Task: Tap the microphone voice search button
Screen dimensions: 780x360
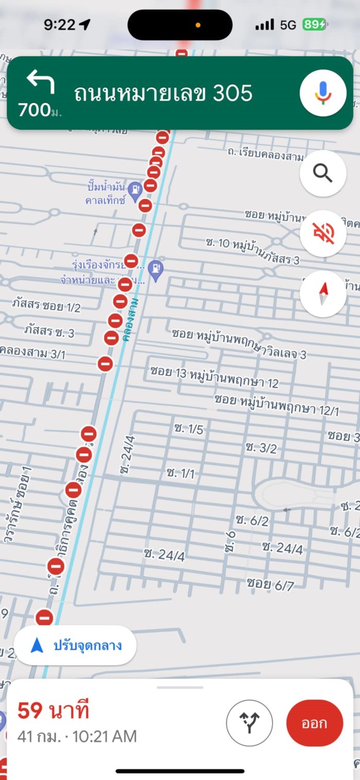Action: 323,93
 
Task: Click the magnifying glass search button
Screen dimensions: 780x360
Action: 323,174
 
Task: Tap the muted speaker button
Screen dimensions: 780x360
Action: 323,233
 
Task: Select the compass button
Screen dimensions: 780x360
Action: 323,294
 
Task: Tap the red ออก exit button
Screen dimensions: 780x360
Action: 314,723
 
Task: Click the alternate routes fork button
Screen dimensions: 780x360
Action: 249,723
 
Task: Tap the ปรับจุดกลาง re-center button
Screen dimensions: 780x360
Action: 75,645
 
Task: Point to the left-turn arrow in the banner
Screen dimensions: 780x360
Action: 41,82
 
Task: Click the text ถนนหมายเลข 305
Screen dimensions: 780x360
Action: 163,94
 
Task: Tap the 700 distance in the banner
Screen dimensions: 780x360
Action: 34,110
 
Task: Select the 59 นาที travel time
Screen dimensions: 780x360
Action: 53,711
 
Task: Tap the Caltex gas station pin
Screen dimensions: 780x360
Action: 135,189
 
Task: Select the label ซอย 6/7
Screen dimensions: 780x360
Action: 270,584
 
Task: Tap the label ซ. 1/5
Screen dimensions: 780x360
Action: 189,429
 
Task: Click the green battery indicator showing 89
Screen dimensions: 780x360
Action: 314,24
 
